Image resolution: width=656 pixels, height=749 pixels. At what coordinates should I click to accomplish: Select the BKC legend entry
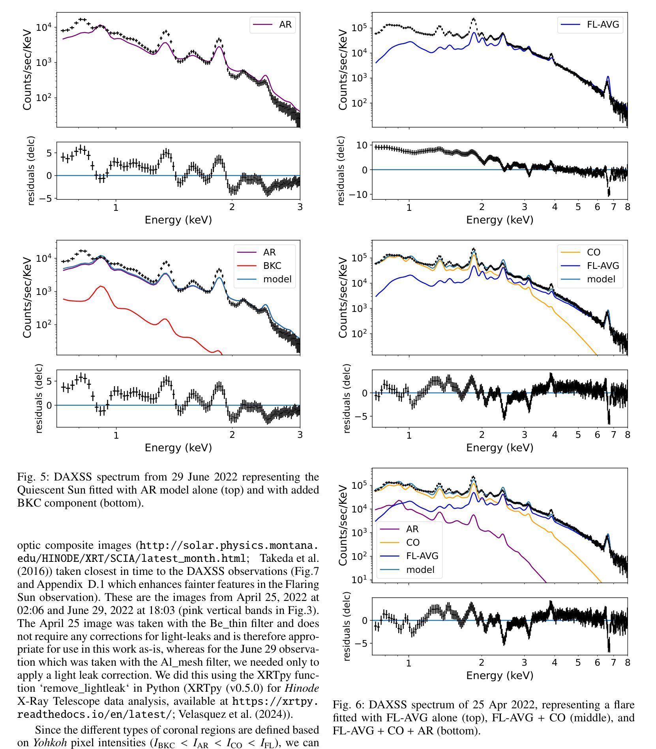pyautogui.click(x=272, y=265)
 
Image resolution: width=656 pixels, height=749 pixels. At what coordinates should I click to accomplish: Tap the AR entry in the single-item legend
pyautogui.click(x=285, y=24)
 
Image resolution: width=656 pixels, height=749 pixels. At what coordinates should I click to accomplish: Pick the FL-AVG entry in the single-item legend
pyautogui.click(x=603, y=24)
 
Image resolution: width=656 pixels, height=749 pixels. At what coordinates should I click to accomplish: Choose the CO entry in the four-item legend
pyautogui.click(x=412, y=542)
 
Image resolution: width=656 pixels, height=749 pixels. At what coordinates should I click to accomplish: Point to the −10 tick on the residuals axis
pyautogui.click(x=359, y=194)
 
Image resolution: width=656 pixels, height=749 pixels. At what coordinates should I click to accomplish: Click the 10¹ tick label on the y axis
pyautogui.click(x=359, y=579)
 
